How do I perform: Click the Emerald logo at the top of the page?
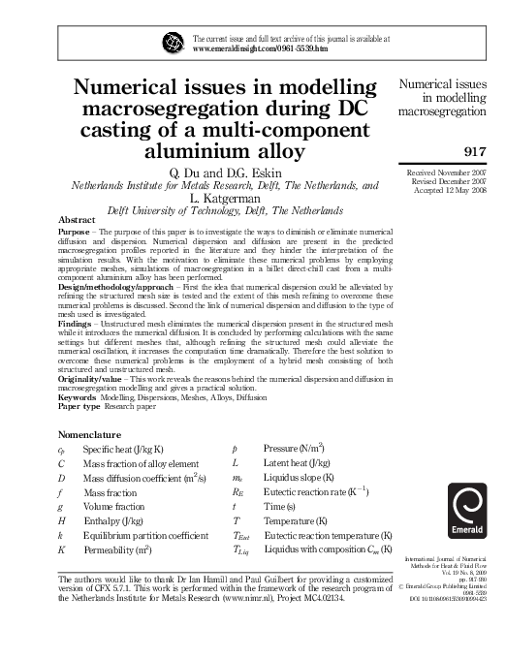click(x=174, y=43)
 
